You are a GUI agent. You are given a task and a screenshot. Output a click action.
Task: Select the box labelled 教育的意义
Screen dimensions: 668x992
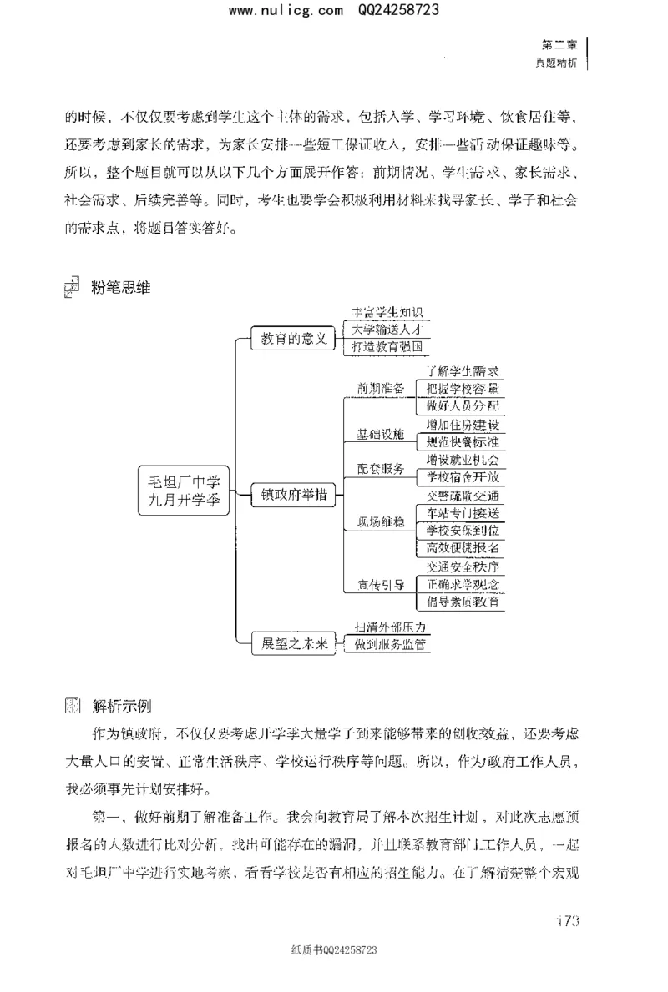point(293,339)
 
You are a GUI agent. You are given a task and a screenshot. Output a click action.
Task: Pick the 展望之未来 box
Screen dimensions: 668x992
point(293,643)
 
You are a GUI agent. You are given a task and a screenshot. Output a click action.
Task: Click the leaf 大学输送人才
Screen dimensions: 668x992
point(387,329)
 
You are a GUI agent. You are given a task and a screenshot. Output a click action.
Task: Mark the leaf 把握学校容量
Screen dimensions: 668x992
point(462,389)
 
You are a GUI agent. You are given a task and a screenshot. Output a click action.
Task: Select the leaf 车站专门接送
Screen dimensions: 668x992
point(462,512)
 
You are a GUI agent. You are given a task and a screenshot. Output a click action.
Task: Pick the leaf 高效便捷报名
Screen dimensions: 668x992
point(462,547)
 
